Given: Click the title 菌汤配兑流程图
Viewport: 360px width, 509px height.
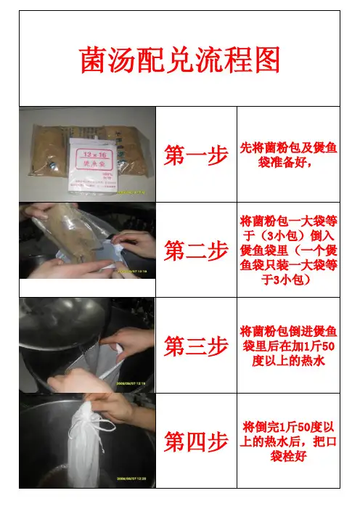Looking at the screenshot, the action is pyautogui.click(x=180, y=60).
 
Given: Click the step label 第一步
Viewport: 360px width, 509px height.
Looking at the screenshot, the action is pyautogui.click(x=196, y=155).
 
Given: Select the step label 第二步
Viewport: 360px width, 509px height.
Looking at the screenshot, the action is pyautogui.click(x=196, y=251).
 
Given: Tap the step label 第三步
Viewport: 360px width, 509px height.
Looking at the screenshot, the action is pyautogui.click(x=196, y=346).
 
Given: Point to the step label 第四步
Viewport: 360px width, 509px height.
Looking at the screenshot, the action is pyautogui.click(x=196, y=441).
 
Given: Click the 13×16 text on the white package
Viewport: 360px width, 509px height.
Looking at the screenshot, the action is pyautogui.click(x=94, y=155).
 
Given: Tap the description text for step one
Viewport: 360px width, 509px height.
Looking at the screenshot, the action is pyautogui.click(x=288, y=155).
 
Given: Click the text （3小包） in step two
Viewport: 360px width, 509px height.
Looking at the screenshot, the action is pyautogui.click(x=283, y=236).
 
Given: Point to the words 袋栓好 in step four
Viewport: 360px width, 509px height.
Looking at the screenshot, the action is pyautogui.click(x=288, y=456).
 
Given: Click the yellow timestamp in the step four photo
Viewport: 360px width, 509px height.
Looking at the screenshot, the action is pyautogui.click(x=131, y=479).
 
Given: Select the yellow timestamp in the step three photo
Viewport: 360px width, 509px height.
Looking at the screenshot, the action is pyautogui.click(x=131, y=383).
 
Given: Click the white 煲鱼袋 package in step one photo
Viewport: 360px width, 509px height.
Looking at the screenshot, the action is pyautogui.click(x=93, y=166).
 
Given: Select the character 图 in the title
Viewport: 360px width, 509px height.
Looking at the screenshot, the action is pyautogui.click(x=268, y=60).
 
